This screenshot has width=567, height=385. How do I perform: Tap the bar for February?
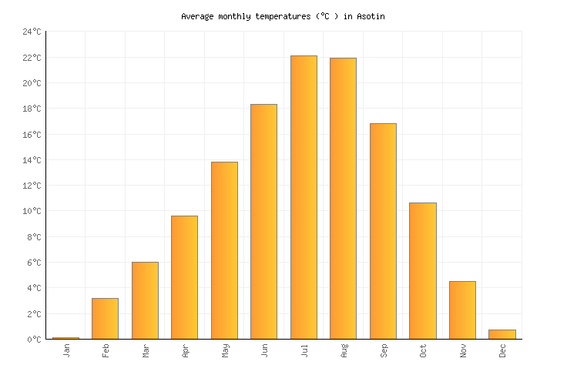point(105,318)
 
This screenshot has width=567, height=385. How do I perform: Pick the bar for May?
point(224,250)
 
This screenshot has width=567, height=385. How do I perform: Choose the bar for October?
point(422,270)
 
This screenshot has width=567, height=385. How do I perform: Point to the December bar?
point(502,334)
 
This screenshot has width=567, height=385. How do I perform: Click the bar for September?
point(383,231)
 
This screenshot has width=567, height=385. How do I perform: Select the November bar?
point(462,310)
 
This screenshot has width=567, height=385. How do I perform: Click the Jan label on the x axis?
point(66,350)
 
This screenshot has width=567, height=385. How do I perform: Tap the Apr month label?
point(185,350)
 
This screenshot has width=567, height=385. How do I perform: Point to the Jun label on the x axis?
point(264,350)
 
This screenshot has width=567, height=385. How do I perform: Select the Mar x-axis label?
point(146,350)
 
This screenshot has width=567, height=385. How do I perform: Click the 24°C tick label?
point(32,32)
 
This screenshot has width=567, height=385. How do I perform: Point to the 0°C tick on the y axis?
point(35,340)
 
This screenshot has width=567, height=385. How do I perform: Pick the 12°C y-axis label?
point(32,186)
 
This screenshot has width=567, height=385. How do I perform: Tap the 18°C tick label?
point(32,109)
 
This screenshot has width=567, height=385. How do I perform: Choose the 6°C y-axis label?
point(35,263)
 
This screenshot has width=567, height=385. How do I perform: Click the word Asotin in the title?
point(371,16)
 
